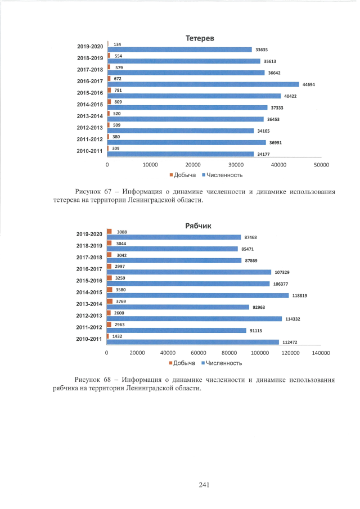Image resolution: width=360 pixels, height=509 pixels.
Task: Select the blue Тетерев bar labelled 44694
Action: pos(203,84)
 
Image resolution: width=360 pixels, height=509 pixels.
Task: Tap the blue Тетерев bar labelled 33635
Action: pos(179,49)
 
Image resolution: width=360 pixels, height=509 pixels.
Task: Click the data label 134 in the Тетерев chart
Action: pos(117,44)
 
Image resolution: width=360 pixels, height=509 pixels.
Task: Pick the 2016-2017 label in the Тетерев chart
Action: pos(89,81)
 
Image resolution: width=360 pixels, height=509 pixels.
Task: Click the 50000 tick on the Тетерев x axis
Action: pos(321,165)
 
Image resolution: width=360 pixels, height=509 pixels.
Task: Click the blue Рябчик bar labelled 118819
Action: pos(197,295)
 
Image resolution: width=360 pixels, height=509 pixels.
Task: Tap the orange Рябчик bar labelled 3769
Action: pos(110,301)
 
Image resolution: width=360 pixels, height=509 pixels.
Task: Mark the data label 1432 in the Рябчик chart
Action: pos(118,336)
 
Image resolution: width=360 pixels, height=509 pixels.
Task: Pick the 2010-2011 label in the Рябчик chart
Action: pos(89,339)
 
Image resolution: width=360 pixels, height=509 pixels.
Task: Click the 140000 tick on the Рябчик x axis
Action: pos(321,353)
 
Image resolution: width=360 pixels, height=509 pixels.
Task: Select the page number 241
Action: pos(204,485)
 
